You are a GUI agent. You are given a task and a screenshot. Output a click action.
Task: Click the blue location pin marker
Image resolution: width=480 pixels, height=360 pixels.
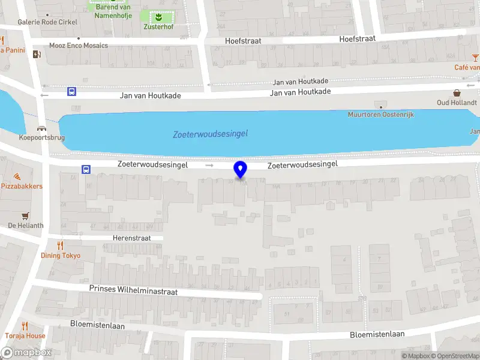[x=241, y=170]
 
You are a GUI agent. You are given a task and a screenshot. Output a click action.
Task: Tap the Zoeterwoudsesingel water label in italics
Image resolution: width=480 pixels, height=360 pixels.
[x=210, y=134]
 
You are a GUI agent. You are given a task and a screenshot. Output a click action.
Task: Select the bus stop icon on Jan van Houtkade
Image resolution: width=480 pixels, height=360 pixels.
[x=72, y=92]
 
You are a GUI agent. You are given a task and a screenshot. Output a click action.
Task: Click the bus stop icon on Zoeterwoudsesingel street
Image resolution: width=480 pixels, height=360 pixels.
[x=86, y=169]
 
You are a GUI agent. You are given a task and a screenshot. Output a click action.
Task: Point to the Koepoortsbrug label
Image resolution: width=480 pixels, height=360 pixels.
[x=42, y=137]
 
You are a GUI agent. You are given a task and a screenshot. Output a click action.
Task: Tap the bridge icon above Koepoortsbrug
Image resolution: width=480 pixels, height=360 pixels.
[x=41, y=128]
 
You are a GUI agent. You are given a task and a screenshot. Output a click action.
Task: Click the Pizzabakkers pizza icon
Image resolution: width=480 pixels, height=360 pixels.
[x=17, y=176]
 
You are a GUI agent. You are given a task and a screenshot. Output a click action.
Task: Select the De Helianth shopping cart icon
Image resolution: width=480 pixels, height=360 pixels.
[x=25, y=216]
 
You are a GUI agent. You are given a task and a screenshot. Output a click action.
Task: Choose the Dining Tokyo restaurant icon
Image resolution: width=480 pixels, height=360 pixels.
[x=60, y=245]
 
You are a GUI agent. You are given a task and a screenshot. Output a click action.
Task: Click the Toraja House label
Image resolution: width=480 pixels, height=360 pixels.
[x=25, y=336]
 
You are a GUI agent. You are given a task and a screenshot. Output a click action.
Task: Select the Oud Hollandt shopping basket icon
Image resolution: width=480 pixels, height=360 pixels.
[x=457, y=92]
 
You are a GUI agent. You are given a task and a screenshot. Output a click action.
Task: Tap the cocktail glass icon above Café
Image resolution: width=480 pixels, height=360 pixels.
[x=475, y=57]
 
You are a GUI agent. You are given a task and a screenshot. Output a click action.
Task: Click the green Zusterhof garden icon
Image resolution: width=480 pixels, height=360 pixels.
[x=158, y=17]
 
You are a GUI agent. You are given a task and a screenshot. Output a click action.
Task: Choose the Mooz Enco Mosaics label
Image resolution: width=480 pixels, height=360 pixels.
[x=79, y=46]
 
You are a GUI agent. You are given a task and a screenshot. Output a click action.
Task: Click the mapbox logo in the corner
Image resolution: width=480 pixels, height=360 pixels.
[x=26, y=352]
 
